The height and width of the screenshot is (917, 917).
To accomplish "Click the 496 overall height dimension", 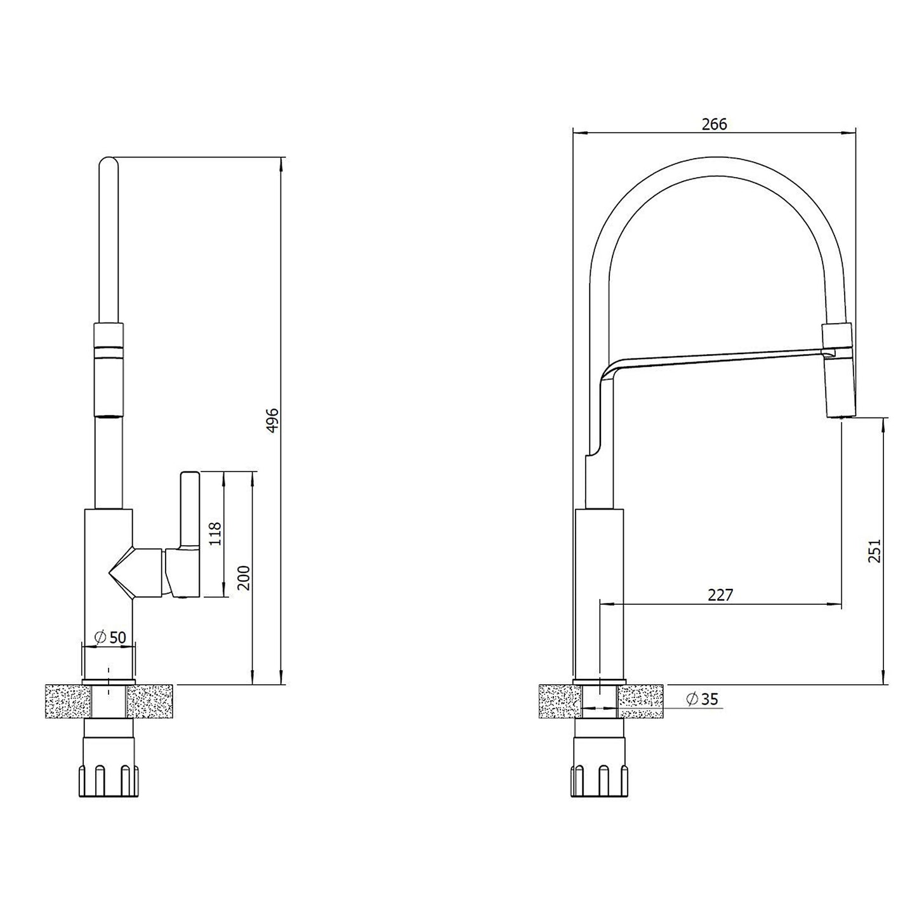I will [x=272, y=420].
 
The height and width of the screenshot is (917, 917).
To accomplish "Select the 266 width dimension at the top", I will [x=714, y=124].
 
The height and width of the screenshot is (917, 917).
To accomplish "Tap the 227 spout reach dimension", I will [x=720, y=595].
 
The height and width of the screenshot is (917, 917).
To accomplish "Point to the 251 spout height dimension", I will [x=874, y=551].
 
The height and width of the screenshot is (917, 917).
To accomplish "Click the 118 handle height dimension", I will [x=215, y=534].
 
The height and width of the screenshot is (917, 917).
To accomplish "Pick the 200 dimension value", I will [x=244, y=577].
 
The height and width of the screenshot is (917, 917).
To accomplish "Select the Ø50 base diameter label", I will [x=110, y=637].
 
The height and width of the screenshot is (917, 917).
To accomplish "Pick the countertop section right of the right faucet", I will [x=642, y=701].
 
